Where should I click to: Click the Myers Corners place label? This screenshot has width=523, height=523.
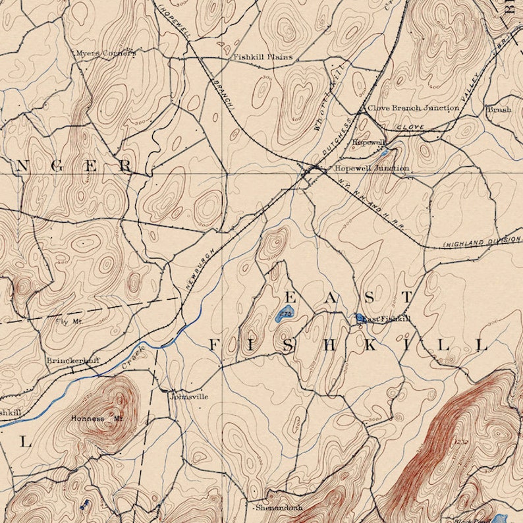point(105,53)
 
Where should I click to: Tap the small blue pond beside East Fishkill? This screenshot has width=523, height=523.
point(360,318)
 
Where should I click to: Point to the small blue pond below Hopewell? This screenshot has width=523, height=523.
point(384,154)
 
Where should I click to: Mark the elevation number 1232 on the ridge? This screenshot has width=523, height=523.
point(460,440)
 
